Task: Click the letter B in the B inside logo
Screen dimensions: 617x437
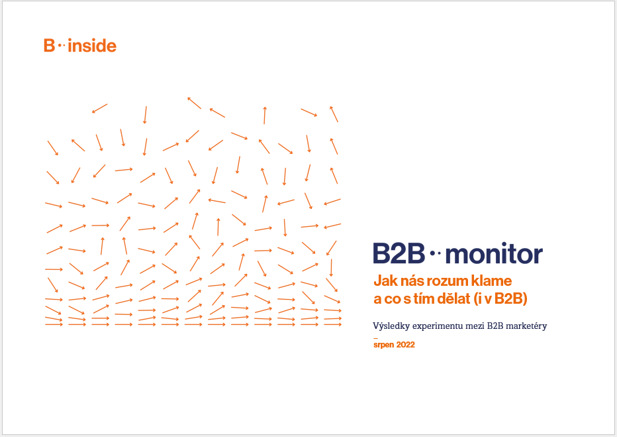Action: [49, 46]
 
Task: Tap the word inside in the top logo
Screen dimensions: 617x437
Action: [92, 46]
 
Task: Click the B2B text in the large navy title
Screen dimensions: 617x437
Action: [399, 253]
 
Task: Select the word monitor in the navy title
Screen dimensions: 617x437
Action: [495, 254]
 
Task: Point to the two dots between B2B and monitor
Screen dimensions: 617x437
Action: [435, 253]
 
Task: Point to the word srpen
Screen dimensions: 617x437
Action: [384, 345]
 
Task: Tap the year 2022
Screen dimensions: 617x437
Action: [405, 344]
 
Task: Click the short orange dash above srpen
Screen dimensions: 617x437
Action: [375, 338]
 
